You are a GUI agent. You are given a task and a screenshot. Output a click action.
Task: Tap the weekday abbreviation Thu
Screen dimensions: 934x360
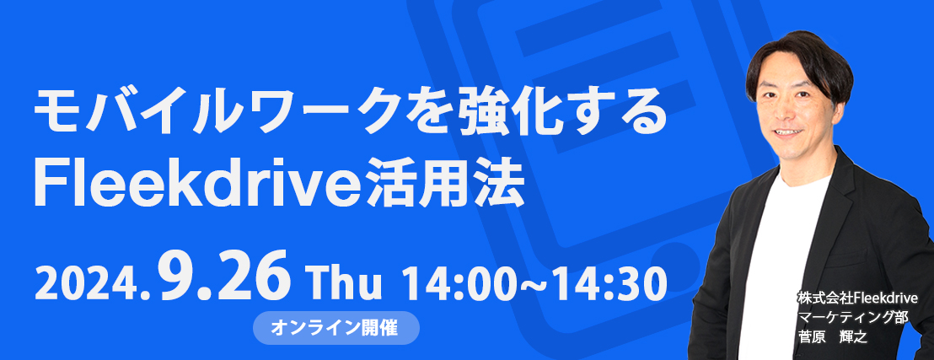click(343, 284)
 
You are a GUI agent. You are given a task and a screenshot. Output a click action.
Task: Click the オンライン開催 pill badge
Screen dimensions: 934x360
click(335, 327)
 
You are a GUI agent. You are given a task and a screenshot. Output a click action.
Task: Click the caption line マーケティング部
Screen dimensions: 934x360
click(851, 317)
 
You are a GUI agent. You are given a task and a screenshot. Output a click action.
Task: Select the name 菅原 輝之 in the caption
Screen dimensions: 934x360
click(834, 337)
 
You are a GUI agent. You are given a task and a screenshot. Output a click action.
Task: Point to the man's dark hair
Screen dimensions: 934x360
click(798, 60)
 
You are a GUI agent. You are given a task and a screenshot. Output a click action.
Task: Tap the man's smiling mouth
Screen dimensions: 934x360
click(788, 132)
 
